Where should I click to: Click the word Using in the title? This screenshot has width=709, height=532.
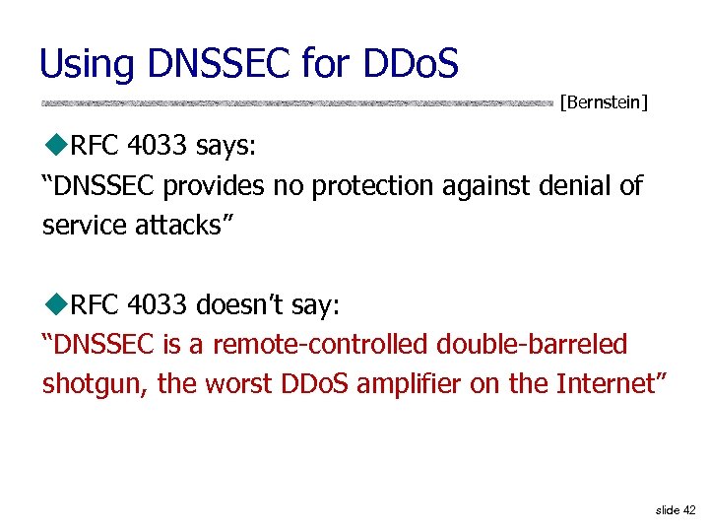[x=86, y=65]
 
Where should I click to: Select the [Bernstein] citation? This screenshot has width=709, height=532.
[x=604, y=101]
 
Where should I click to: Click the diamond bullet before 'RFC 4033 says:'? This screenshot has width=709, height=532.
[x=55, y=147]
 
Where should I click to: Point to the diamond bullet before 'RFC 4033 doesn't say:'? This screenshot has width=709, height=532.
[x=55, y=305]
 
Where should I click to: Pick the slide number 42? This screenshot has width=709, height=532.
[x=688, y=509]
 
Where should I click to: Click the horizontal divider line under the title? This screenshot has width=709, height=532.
[x=295, y=102]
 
